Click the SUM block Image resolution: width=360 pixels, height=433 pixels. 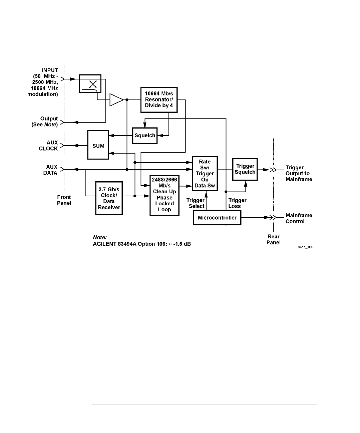pos(98,145)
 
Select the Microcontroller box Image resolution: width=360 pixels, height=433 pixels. pos(217,218)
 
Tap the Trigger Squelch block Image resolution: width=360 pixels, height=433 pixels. pos(245,169)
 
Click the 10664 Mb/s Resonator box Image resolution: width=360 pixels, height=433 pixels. pos(159,100)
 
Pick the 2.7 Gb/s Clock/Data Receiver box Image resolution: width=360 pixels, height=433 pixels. pos(109,198)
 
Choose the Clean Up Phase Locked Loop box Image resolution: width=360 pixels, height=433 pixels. pos(164,196)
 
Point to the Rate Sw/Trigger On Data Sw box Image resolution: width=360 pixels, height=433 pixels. pos(205,174)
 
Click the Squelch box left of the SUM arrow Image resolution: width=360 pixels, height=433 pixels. pos(145,136)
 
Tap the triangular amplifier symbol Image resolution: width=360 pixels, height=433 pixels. pos(116,100)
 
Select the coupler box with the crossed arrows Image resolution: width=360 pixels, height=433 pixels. pos(90,83)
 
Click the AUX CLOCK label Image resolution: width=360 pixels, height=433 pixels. pos(48,146)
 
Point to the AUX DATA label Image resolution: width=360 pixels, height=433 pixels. pos(50,170)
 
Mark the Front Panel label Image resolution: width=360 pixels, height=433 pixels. pos(64,200)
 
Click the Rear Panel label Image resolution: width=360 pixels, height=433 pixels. pos(273,239)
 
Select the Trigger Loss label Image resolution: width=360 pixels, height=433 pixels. pos(237,203)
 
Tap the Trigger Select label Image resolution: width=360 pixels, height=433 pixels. pos(196,203)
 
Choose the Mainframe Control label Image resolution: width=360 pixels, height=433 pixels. pos(299,218)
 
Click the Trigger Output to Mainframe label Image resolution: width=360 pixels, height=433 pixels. pos(299,173)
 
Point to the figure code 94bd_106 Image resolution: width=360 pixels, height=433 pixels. pos(305,247)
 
